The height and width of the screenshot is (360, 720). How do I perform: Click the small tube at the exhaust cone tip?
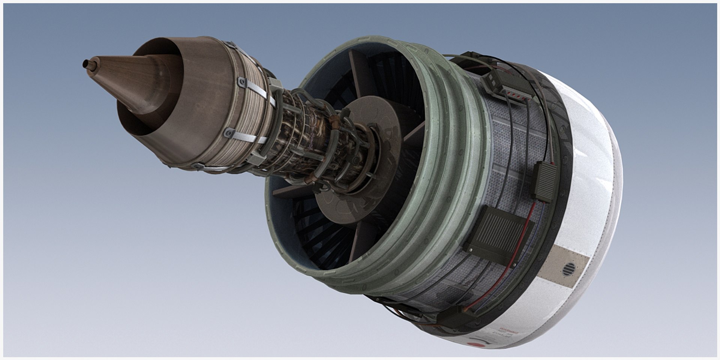[87, 64]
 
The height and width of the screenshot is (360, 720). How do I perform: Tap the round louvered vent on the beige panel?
[569, 269]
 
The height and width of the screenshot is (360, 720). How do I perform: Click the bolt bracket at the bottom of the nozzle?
[196, 166]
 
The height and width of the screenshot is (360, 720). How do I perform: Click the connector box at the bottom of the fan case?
[457, 318]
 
